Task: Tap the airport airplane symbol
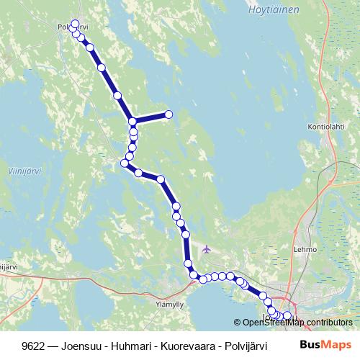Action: [x=207, y=250]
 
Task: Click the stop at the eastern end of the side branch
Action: [x=169, y=114]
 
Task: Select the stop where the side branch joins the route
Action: [x=132, y=122]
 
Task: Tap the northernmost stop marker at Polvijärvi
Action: [x=75, y=23]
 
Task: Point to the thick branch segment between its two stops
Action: [x=151, y=118]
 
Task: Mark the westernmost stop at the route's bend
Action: [x=124, y=163]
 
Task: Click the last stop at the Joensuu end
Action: [x=287, y=316]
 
